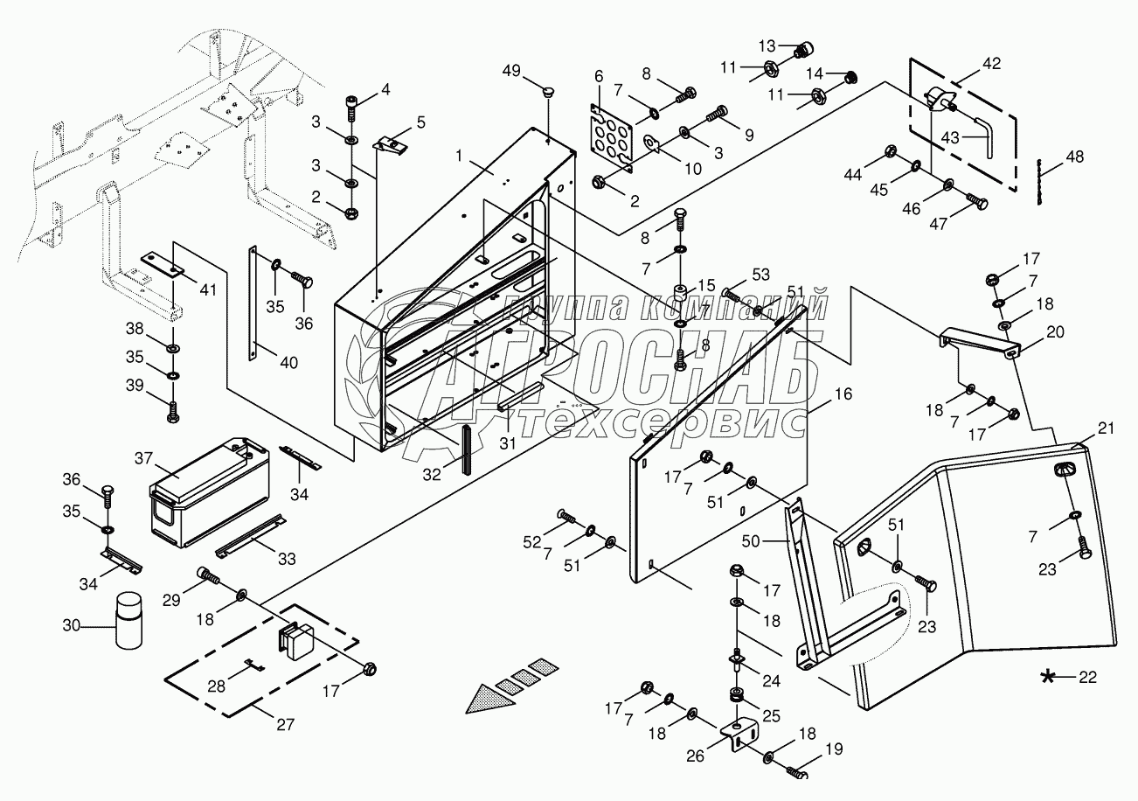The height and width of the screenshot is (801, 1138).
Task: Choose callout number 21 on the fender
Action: pyautogui.click(x=1106, y=428)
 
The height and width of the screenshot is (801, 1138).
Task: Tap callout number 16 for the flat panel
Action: pyautogui.click(x=843, y=395)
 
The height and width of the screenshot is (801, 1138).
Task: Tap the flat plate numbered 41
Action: pyautogui.click(x=163, y=265)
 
